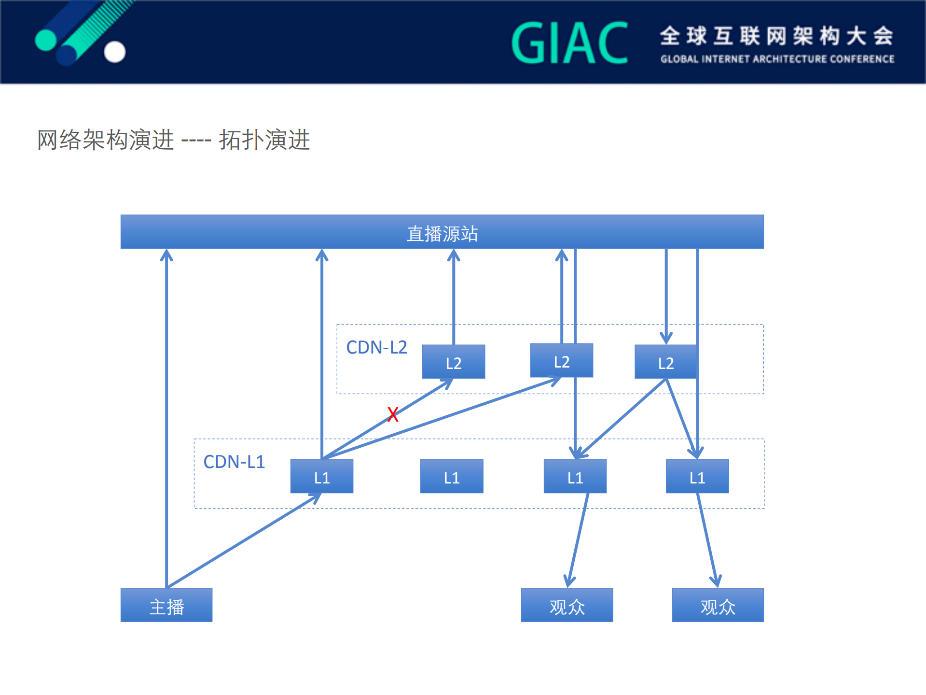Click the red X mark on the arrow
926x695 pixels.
pos(393,414)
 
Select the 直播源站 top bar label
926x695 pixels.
pos(442,234)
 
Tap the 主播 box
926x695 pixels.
pos(166,605)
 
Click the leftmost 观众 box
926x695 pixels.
pos(567,605)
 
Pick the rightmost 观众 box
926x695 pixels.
pos(718,605)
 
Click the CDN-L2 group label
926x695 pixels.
pos(376,347)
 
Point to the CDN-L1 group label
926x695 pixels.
pos(234,462)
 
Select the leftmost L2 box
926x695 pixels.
pos(454,362)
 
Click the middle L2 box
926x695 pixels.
pos(561,361)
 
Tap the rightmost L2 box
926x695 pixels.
pos(665,362)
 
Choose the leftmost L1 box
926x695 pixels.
pos(322,477)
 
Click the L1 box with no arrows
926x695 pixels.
pos(452,477)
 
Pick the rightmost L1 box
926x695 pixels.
pos(697,477)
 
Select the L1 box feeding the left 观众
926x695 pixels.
pos(575,477)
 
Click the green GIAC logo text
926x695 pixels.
pos(569,43)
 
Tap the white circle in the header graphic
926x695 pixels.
pos(115,52)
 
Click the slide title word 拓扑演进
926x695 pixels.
pos(264,140)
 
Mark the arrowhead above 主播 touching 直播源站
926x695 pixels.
pos(166,255)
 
